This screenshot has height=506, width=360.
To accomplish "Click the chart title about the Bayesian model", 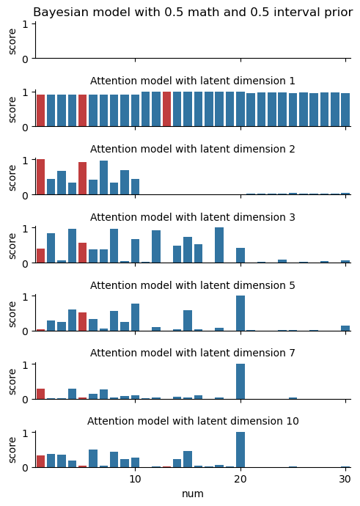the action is [x=193, y=12].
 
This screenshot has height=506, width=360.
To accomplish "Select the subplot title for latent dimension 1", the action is [x=193, y=81].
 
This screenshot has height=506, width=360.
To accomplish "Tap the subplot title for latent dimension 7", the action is [x=193, y=353].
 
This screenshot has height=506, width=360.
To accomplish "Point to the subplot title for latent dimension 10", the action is [x=193, y=421].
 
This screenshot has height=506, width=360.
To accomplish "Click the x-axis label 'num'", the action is [x=193, y=494].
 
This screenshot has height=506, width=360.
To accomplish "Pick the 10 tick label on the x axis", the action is [x=135, y=479].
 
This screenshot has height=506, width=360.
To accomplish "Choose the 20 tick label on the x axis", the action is [x=240, y=479].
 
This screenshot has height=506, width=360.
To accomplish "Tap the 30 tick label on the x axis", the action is [x=345, y=479].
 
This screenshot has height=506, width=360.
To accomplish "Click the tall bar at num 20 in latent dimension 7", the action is [x=240, y=381].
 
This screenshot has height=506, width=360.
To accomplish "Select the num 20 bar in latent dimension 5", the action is [x=240, y=313].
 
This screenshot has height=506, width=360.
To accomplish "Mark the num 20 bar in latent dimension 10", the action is [x=240, y=450].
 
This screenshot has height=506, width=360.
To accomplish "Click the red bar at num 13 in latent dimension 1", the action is [x=166, y=109].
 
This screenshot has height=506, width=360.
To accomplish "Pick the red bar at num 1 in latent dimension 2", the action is [x=40, y=177].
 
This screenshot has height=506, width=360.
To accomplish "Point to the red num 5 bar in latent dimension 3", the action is [x=83, y=253].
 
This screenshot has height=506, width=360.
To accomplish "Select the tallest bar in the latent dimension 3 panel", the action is [x=219, y=245].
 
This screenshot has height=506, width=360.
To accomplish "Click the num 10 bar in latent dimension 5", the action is [x=135, y=318].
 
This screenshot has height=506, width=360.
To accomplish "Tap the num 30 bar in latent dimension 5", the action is [x=345, y=329].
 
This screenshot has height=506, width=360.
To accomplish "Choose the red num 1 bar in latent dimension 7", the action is [x=40, y=394].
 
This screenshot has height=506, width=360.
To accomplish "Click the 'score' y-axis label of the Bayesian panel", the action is [x=12, y=42].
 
